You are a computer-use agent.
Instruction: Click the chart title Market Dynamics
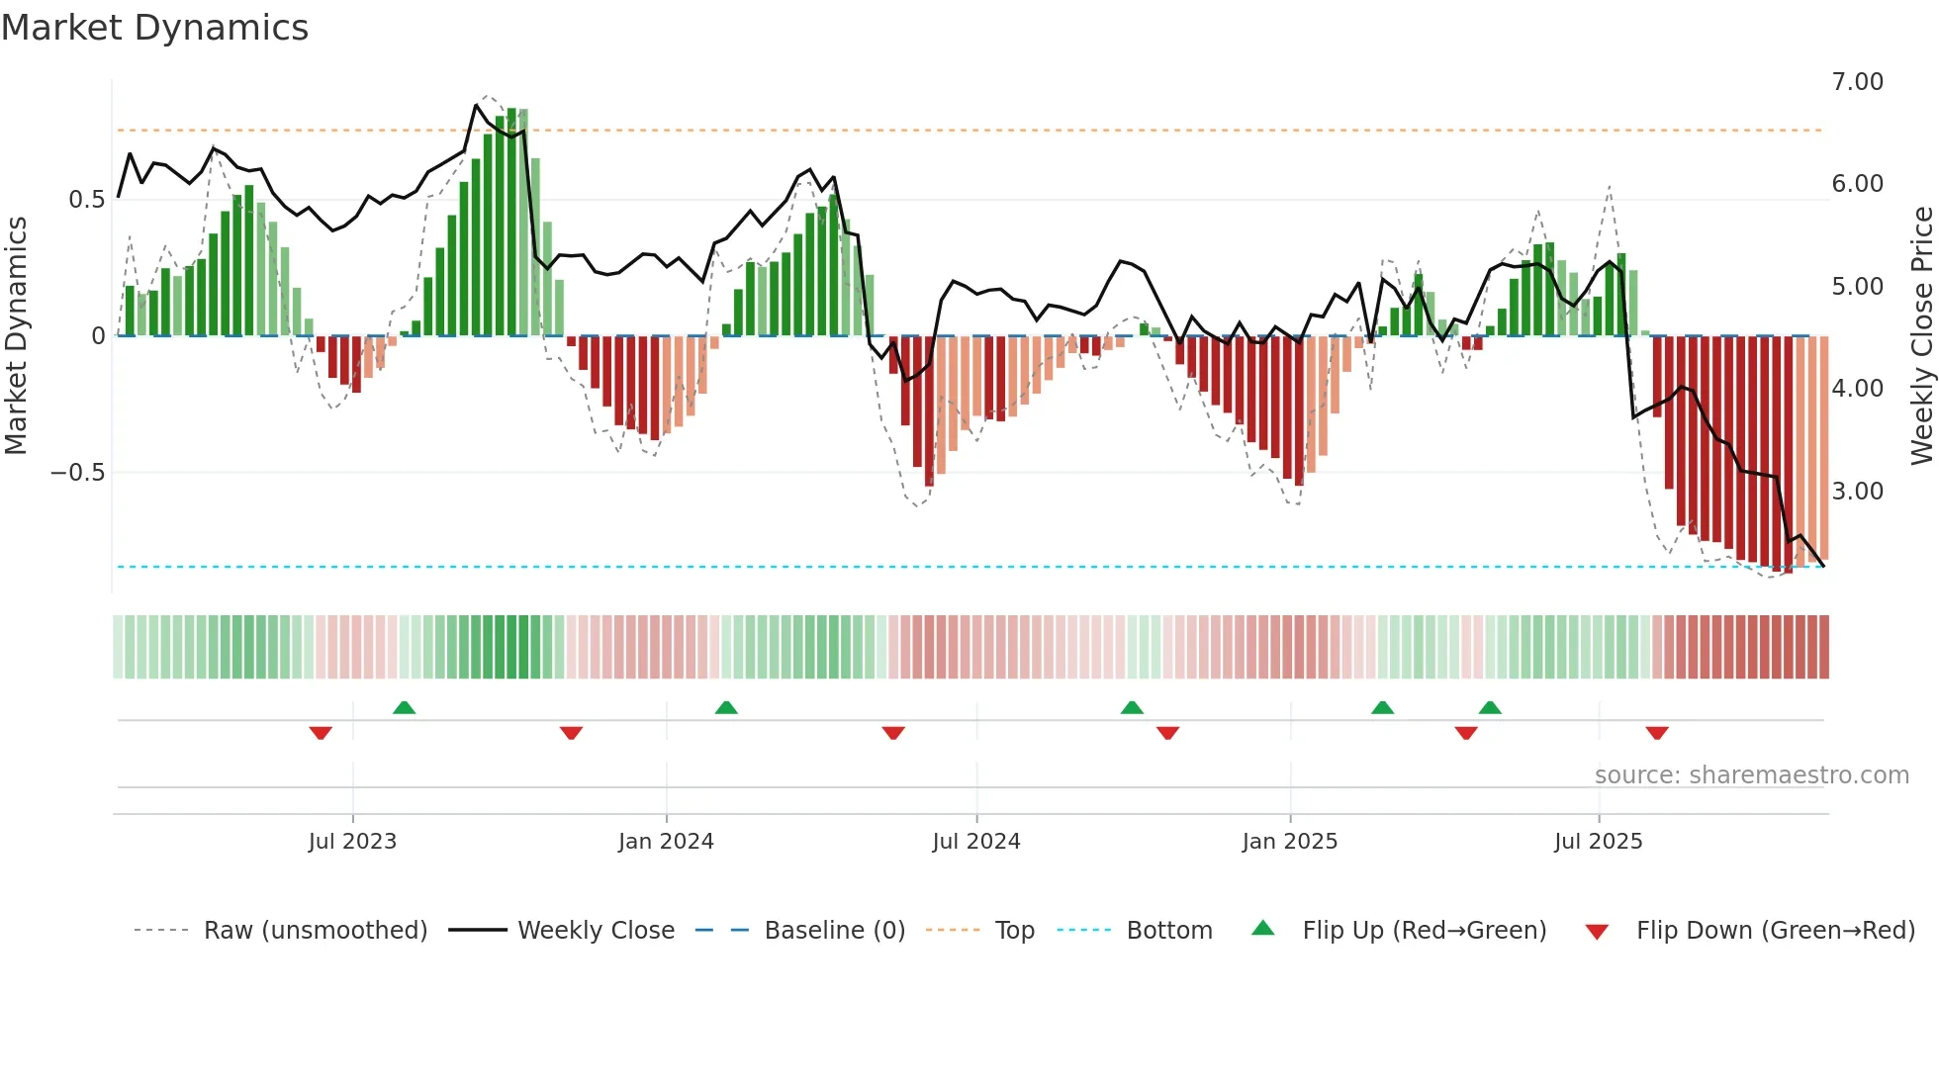pos(155,28)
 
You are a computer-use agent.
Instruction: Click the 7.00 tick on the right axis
pos(1857,82)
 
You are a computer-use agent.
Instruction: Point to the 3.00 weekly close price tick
pos(1857,492)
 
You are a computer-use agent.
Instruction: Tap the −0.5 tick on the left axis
pos(78,473)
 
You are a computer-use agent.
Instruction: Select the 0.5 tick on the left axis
pos(86,200)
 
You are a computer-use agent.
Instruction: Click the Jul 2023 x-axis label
pos(352,842)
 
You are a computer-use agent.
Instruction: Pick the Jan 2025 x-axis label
pos(1289,842)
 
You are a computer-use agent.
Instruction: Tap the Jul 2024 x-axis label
pos(975,842)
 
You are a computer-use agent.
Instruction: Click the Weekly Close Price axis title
pos(1921,336)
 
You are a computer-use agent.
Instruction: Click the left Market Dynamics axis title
pos(16,336)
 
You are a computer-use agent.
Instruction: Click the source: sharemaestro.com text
pos(1751,775)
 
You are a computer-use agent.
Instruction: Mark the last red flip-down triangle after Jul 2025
pos(1657,733)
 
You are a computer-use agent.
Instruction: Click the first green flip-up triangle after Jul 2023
pos(404,707)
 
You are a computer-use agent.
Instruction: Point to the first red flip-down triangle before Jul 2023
pos(321,733)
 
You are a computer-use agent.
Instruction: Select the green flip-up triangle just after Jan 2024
pos(726,707)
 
